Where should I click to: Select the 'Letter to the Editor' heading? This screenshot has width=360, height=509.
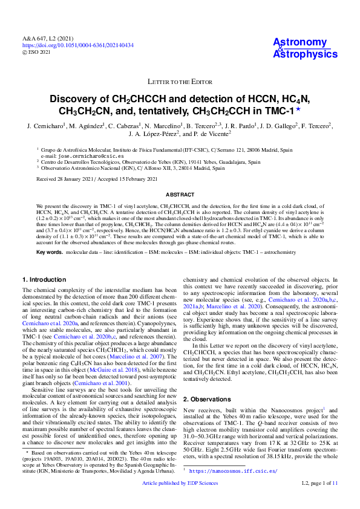click(x=180, y=82)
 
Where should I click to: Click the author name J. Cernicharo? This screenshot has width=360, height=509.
click(x=46, y=126)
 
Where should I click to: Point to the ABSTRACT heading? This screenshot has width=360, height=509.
click(x=180, y=195)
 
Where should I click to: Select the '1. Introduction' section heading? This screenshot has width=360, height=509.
click(x=45, y=280)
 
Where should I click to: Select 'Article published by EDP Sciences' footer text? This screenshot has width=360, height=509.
click(x=180, y=501)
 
